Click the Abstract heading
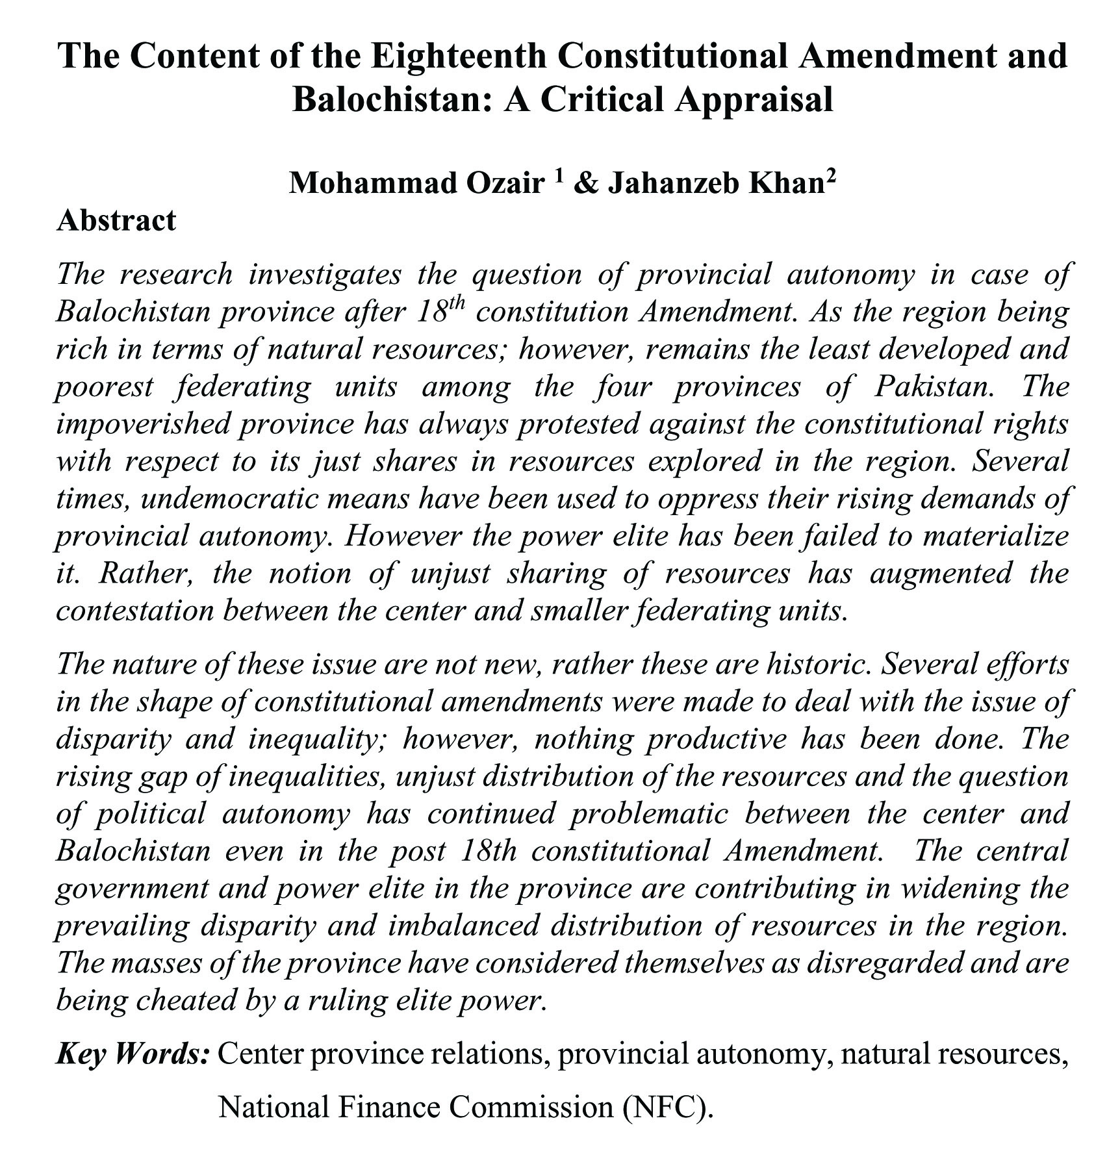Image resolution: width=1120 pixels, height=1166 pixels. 116,220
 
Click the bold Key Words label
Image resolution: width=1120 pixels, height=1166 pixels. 133,1054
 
